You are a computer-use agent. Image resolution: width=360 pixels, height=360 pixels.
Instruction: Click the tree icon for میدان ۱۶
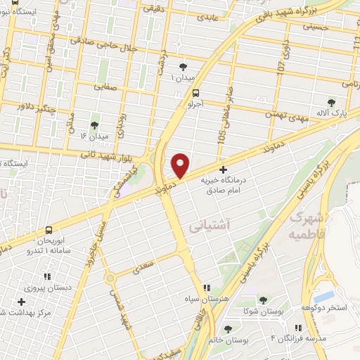tap(94, 124)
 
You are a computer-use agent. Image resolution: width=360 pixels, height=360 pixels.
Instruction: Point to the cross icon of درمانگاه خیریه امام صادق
tap(224, 169)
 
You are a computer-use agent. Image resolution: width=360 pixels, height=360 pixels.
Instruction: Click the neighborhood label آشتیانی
tap(206, 226)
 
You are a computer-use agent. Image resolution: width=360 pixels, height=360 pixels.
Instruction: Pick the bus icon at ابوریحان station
tap(49, 230)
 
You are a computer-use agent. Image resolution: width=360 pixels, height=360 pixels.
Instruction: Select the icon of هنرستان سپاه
tap(207, 287)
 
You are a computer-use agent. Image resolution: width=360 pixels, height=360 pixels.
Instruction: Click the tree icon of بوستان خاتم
tap(226, 328)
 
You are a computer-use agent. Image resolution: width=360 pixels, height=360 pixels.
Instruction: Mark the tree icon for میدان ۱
tap(184, 67)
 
